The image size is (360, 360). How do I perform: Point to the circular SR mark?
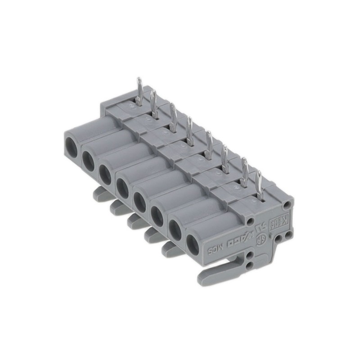(x=259, y=240)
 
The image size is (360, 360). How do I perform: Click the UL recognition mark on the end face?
(x=260, y=229)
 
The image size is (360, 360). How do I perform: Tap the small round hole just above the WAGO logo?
(x=251, y=221)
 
